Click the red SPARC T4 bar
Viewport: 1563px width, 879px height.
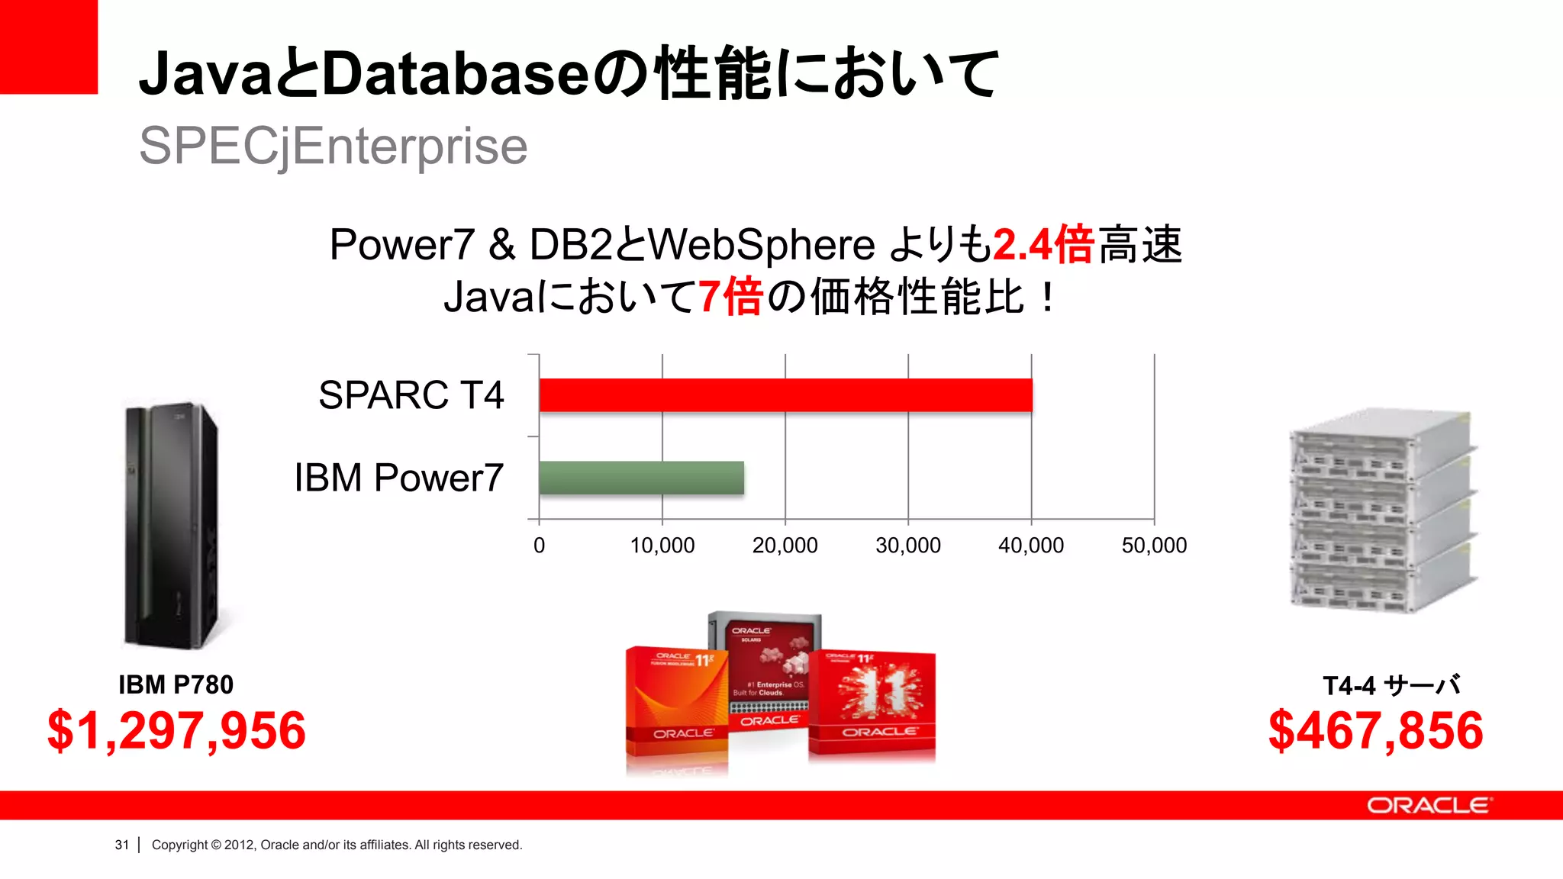click(x=785, y=395)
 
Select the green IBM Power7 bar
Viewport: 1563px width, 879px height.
click(x=641, y=478)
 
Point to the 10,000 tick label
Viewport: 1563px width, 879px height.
click(x=662, y=546)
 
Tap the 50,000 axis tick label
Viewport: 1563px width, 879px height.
click(x=1154, y=546)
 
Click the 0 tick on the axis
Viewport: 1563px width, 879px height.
click(x=539, y=546)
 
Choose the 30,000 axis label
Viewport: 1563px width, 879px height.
click(x=907, y=546)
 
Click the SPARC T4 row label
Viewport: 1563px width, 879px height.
click(x=411, y=395)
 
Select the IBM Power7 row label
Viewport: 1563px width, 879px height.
click(x=398, y=478)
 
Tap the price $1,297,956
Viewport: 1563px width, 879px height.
click(x=176, y=730)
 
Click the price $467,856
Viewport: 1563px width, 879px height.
click(x=1375, y=730)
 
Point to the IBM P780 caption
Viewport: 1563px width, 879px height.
click(x=176, y=684)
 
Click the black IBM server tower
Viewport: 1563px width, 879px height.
click(x=172, y=525)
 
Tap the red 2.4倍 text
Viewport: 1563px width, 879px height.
click(x=1043, y=245)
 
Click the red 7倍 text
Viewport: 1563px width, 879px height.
click(x=730, y=297)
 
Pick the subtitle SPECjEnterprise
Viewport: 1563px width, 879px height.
click(x=333, y=146)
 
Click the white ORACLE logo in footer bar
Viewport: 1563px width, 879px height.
click(x=1427, y=806)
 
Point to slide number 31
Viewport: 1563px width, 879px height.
click(x=121, y=845)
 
